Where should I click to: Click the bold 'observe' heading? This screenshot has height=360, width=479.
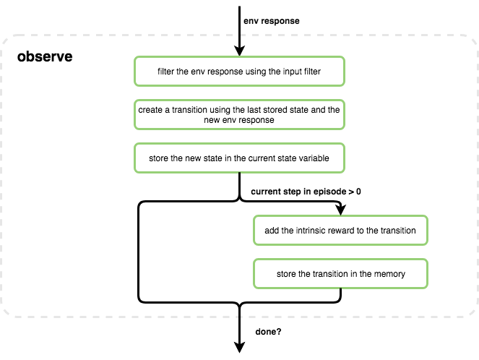[45, 56]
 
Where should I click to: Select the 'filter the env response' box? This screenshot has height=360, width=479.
[239, 72]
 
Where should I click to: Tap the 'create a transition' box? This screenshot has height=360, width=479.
[239, 114]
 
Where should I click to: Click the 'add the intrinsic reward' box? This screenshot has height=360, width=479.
[340, 230]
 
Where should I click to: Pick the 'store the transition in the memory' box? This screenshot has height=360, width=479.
[340, 274]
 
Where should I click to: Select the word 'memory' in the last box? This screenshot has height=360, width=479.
[390, 275]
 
